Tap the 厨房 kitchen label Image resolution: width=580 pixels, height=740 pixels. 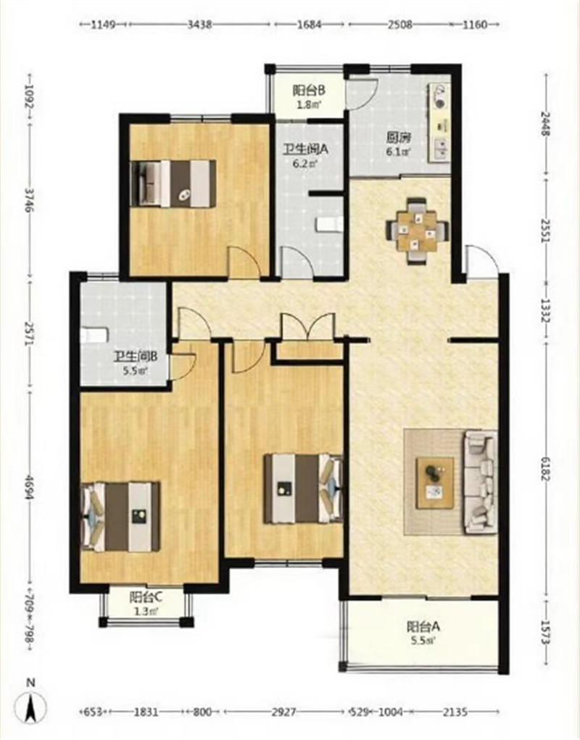point(398,138)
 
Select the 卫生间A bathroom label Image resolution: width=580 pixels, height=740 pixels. point(305,149)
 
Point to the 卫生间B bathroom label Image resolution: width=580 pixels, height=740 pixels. point(134,357)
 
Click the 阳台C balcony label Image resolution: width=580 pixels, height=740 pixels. point(146,597)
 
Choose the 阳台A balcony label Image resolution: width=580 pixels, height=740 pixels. point(423,627)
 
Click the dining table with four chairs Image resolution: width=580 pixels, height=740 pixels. point(415,230)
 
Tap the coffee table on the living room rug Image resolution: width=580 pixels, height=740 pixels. point(435,482)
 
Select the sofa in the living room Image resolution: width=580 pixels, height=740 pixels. point(481,482)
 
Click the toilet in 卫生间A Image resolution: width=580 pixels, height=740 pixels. point(329,225)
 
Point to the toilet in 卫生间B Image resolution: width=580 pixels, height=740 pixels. point(95,336)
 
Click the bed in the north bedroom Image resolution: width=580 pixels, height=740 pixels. point(173,183)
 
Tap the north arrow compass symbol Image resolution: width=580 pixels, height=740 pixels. point(30,704)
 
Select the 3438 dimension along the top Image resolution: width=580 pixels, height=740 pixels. point(199,25)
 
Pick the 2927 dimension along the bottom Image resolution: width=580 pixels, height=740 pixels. point(284,711)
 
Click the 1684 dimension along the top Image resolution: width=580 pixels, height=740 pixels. point(309,25)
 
